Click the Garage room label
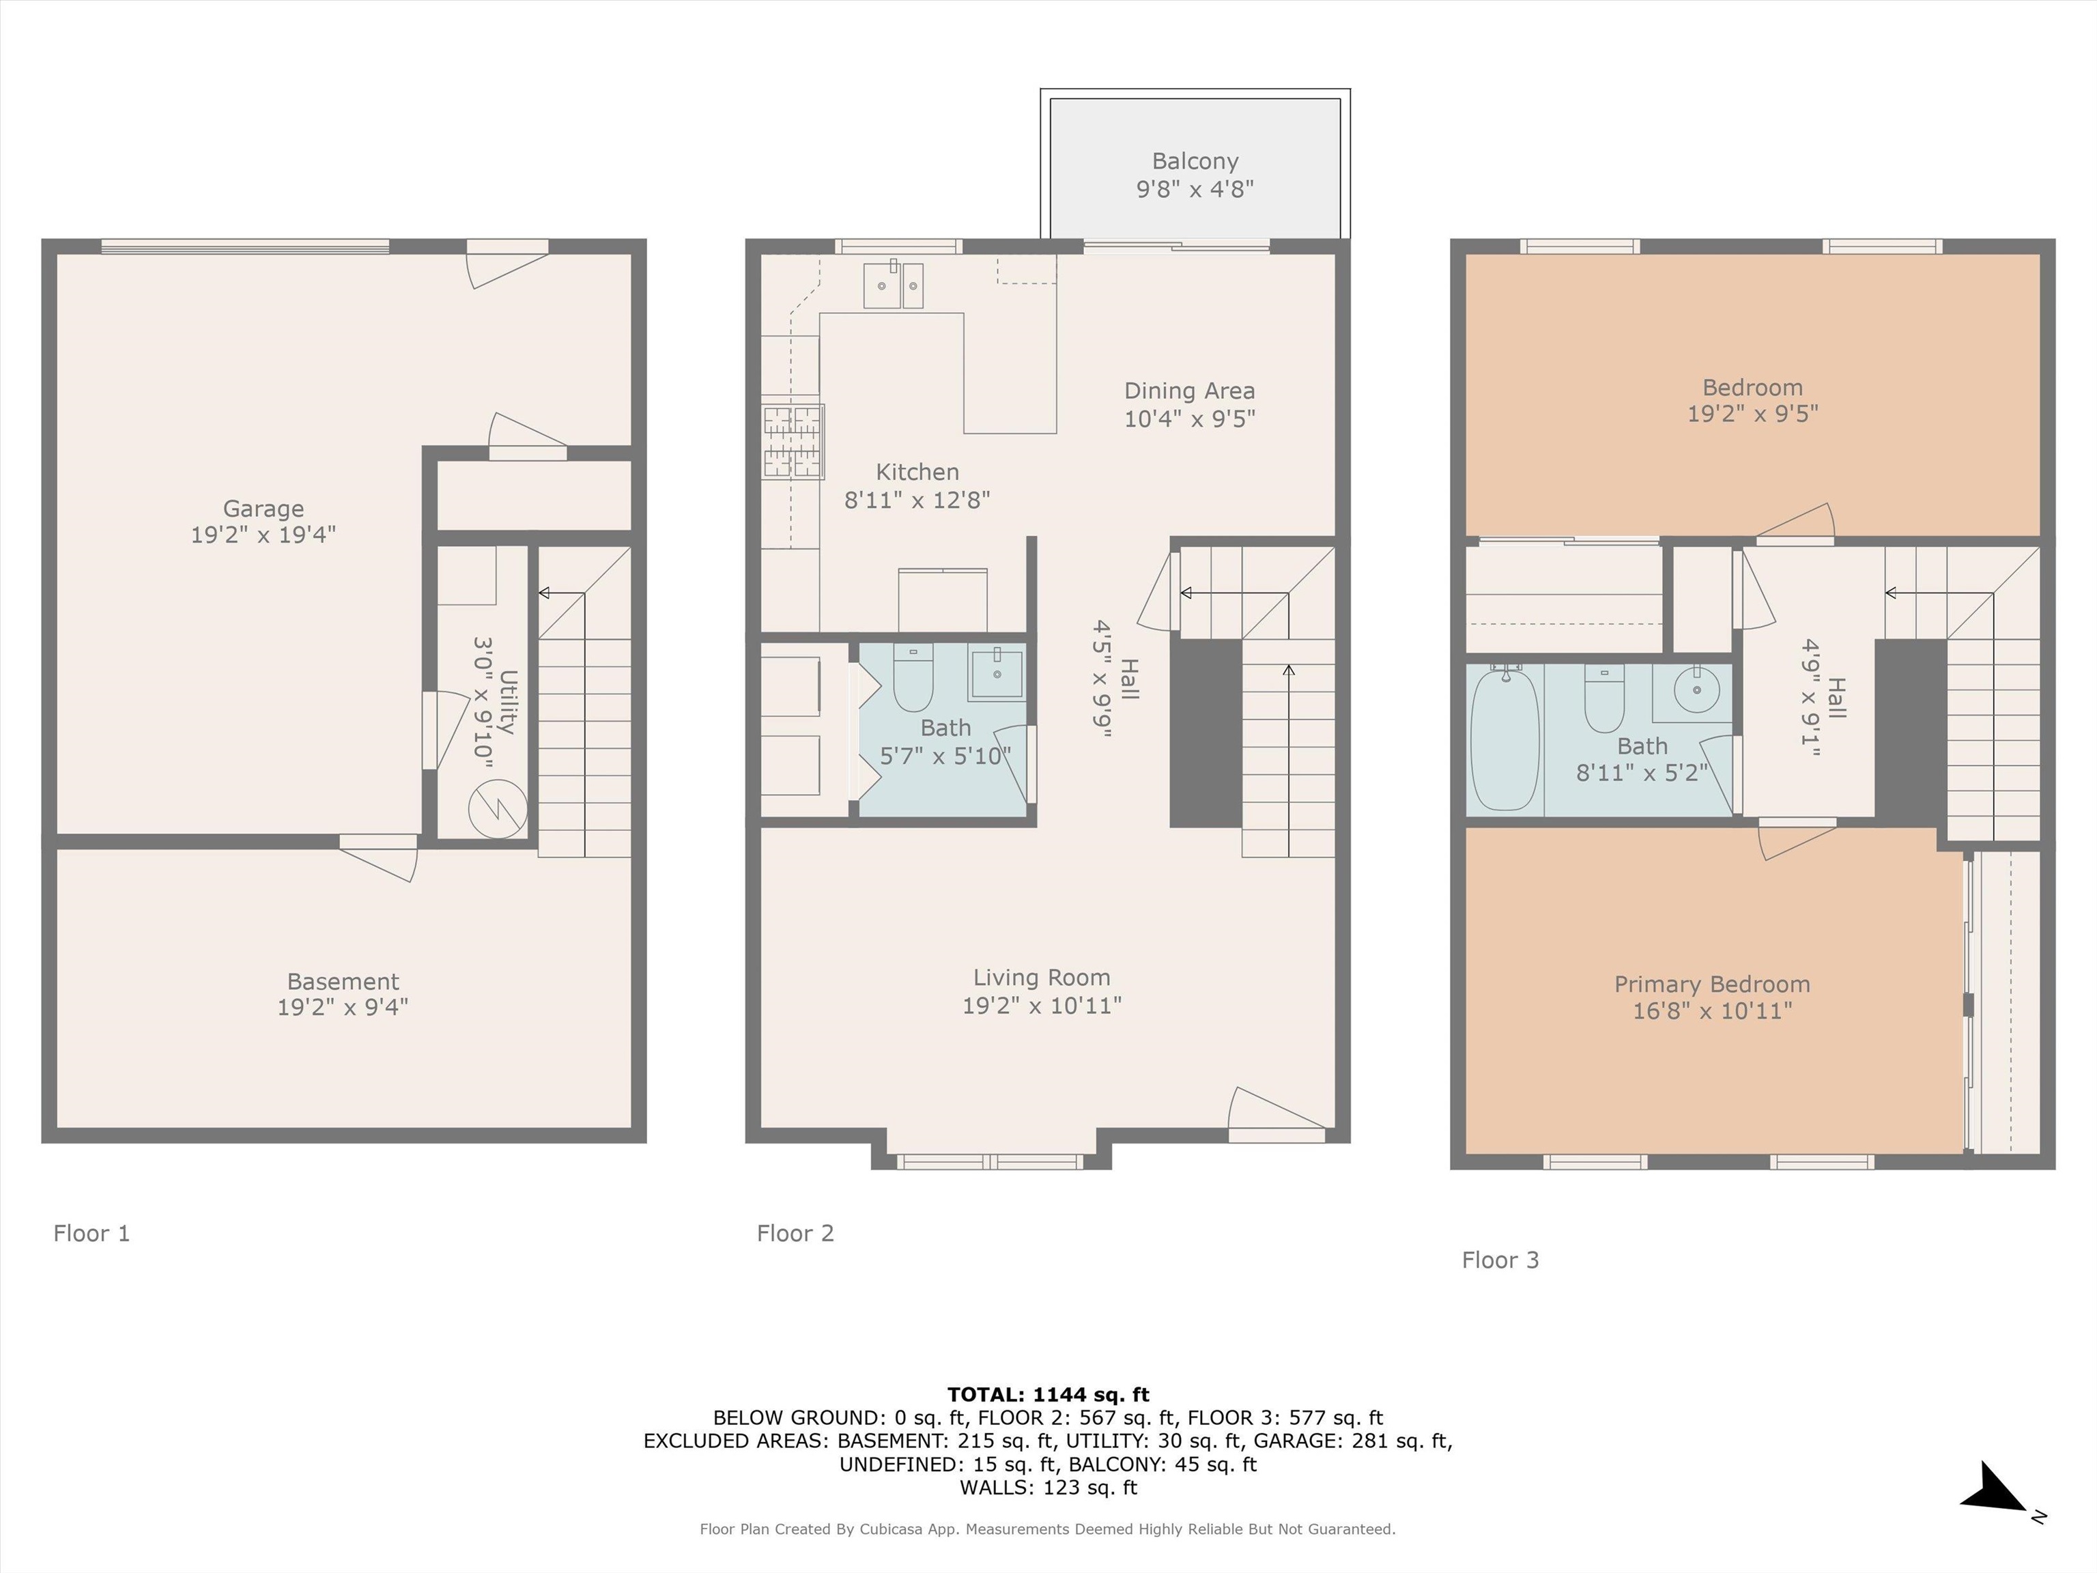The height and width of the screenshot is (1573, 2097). click(x=263, y=509)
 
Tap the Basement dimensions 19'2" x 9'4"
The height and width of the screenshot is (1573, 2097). click(x=343, y=1007)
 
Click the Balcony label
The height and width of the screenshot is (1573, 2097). click(x=1195, y=162)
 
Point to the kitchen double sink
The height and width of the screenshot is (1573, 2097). click(x=893, y=285)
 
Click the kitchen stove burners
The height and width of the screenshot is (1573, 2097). click(x=793, y=441)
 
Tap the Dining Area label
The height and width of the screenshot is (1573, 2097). click(x=1190, y=391)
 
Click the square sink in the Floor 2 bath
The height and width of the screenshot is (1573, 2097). click(x=997, y=672)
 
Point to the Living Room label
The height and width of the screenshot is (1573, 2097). click(x=1042, y=978)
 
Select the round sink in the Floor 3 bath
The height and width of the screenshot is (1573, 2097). click(x=1696, y=688)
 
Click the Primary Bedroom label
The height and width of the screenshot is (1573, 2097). click(x=1712, y=984)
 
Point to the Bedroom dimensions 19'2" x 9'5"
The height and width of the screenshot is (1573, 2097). click(x=1753, y=414)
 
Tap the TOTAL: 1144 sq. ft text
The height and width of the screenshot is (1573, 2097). click(x=1048, y=1395)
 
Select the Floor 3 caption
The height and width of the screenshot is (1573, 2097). click(x=1500, y=1260)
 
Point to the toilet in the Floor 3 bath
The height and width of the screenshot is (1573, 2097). click(x=1604, y=698)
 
